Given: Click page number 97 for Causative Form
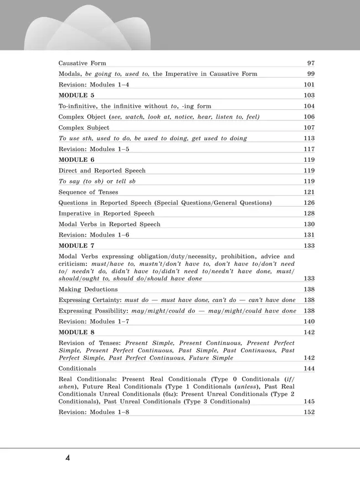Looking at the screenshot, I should (311, 63).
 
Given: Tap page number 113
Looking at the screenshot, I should (309, 138).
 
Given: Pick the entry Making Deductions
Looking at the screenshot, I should (88, 289).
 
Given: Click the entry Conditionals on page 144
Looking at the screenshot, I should (78, 368).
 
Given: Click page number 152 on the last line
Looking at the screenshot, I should (309, 412).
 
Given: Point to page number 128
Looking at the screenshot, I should (309, 213).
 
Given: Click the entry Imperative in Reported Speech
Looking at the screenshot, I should (106, 213).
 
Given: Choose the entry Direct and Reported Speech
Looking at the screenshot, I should (102, 171).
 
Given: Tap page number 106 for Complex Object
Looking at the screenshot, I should (309, 117).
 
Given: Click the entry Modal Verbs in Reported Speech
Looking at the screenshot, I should (109, 224).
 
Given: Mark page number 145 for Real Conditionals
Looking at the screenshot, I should (309, 401).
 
